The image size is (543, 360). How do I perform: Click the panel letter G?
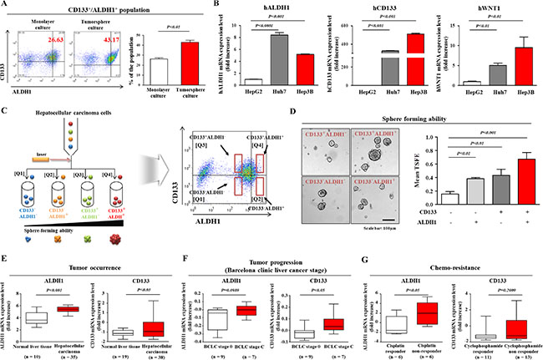tap(371, 248)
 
